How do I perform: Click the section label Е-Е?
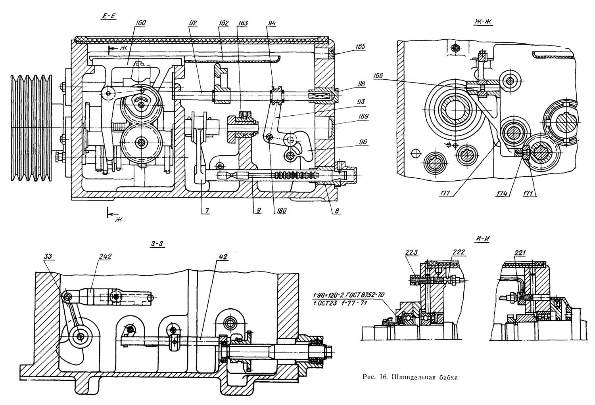[108, 17]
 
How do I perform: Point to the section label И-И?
[482, 239]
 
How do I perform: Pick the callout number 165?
[360, 46]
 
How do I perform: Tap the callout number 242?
[105, 256]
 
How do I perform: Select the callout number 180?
[281, 210]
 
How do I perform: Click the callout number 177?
[445, 193]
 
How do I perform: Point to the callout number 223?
[412, 253]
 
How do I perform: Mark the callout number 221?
[520, 253]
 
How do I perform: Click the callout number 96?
[363, 142]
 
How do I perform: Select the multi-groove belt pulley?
[31, 128]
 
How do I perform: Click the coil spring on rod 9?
[296, 176]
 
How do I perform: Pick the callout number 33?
[48, 256]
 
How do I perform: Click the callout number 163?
[242, 23]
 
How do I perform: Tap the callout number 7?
[207, 211]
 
